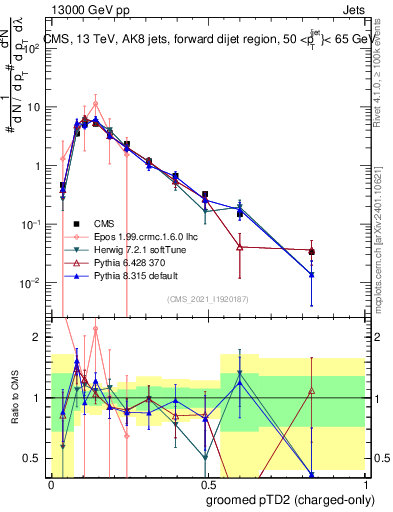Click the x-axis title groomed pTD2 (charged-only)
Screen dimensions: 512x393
coord(289,499)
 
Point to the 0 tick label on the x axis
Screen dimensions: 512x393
coord(51,484)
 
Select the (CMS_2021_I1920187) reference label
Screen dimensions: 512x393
coord(208,298)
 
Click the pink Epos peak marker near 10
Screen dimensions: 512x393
coord(95,103)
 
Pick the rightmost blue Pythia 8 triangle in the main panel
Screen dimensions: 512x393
coord(312,274)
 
